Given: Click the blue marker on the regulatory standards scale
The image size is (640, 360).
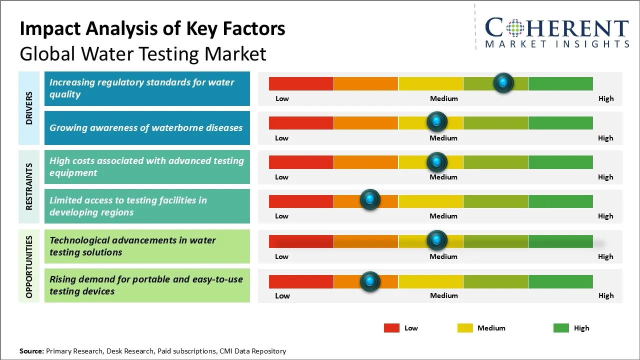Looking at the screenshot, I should coord(503,82).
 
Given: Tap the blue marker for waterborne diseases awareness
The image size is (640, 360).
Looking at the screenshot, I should coord(437,121).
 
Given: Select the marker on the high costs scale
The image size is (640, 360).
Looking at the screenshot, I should coord(437,161).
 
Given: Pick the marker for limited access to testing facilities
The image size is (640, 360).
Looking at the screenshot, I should coord(370,200).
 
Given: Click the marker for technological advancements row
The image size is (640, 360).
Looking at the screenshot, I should coord(437,240).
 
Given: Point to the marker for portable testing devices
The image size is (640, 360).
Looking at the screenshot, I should coord(370,281).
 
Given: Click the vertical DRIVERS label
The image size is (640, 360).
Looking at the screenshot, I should coord(29,108).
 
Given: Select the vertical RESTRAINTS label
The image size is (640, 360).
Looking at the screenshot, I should coord(29,186).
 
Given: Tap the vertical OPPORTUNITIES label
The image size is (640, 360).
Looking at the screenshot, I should coord(29,266).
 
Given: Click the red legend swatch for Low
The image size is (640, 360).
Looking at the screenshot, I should coord(391,328).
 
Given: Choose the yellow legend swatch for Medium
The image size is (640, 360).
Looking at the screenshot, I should coord(465,328).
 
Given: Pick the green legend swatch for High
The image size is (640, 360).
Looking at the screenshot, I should coord(561,328).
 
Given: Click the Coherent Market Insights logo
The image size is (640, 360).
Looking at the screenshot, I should coord(556,32).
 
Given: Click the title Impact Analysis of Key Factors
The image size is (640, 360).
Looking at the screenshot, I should coord(152,29).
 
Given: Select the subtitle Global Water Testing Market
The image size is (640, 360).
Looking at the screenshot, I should coord(143,53).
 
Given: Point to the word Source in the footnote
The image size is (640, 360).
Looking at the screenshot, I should coord(31,351).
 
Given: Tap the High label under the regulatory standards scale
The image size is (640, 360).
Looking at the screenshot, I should coord(605,98).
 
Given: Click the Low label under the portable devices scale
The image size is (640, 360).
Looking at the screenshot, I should coord(282,295).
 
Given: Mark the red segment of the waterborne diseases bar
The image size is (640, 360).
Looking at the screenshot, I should coord(301,122).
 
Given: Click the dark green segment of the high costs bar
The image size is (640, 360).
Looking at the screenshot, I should coord(560,162).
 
